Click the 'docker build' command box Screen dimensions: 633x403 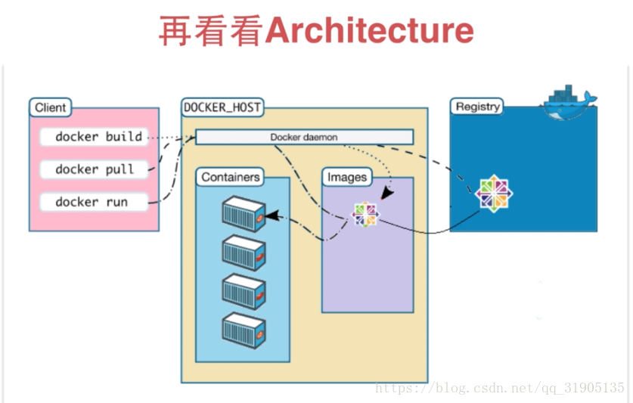(x=94, y=137)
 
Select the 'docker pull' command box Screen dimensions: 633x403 (x=94, y=169)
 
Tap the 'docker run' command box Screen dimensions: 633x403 (x=94, y=202)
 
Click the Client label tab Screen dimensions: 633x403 (x=51, y=107)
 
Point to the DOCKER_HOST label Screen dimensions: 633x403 (x=222, y=107)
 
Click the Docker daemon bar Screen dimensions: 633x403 (x=304, y=137)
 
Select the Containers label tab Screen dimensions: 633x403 (x=230, y=177)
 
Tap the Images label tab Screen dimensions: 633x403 (x=347, y=177)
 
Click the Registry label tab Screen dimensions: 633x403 (x=477, y=107)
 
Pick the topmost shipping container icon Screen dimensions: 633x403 (x=244, y=214)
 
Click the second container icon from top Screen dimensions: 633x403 (x=244, y=253)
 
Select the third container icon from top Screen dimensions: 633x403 (x=244, y=292)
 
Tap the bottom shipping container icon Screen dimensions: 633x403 (x=244, y=330)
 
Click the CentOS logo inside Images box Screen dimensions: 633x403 (x=365, y=215)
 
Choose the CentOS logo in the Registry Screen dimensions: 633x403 (x=494, y=194)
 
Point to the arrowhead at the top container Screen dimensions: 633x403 (x=273, y=215)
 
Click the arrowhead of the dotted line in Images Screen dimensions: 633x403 (x=386, y=193)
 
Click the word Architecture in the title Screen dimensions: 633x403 (x=369, y=30)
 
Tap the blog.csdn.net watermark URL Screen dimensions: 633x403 (x=500, y=388)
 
